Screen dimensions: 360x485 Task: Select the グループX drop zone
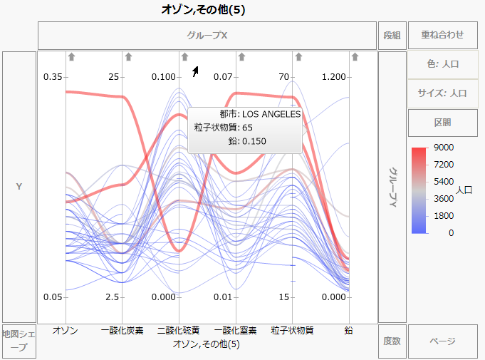click(x=207, y=35)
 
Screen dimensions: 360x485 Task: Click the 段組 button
click(x=391, y=35)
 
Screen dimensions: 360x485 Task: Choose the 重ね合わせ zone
click(x=442, y=35)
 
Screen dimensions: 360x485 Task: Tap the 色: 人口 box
click(x=442, y=64)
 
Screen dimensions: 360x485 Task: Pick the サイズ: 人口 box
click(x=442, y=93)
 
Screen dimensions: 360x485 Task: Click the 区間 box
click(x=442, y=122)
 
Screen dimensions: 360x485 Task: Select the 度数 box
click(x=391, y=341)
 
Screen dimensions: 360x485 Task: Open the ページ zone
click(x=442, y=341)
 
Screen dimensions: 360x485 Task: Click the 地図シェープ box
click(x=19, y=340)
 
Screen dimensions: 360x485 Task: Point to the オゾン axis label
click(x=66, y=331)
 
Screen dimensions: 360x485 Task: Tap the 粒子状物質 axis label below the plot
click(x=292, y=331)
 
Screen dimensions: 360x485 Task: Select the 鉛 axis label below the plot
click(x=349, y=331)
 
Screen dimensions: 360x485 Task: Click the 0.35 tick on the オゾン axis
click(x=53, y=76)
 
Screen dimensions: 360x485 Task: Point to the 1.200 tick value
click(x=335, y=76)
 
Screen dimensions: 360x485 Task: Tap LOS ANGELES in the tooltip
click(x=271, y=114)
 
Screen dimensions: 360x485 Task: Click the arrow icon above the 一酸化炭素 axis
click(x=128, y=56)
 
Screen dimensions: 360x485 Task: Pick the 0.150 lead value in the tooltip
click(x=254, y=141)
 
